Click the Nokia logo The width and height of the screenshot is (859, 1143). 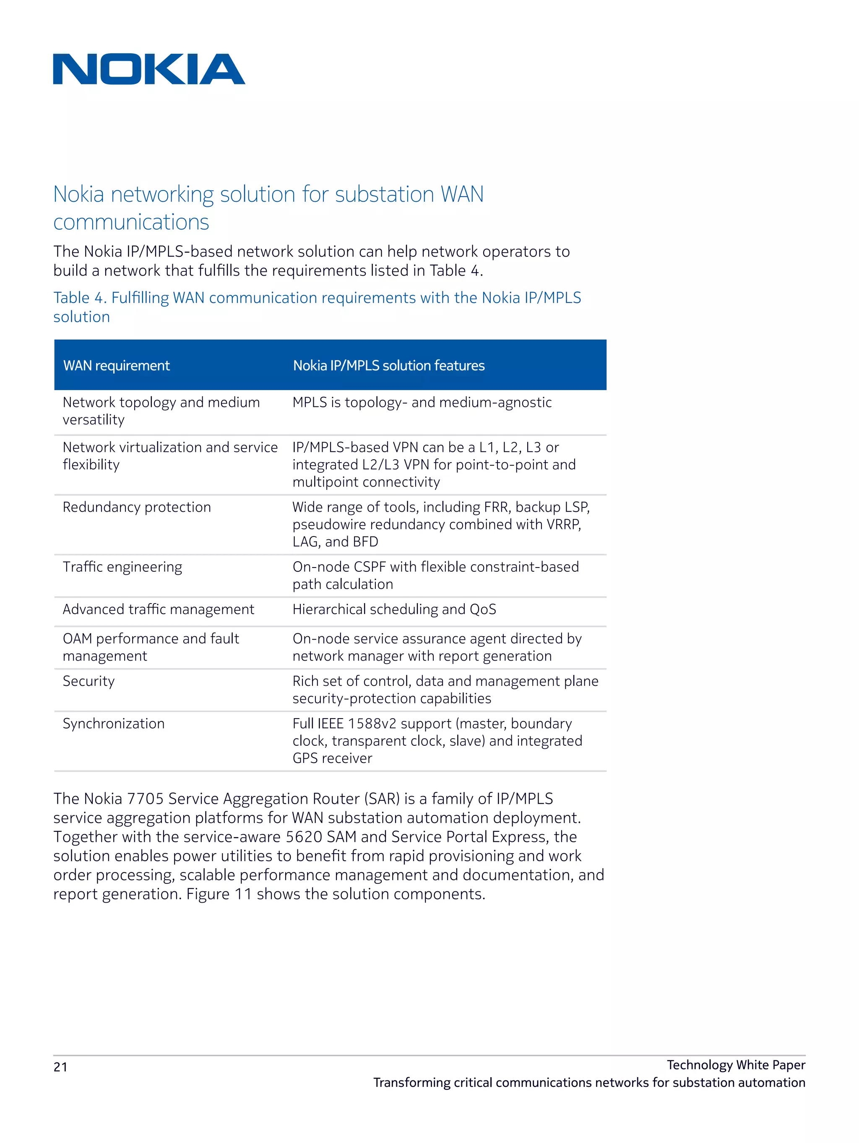click(149, 69)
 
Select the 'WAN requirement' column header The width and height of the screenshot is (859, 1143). click(116, 366)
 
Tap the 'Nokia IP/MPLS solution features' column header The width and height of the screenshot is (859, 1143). click(389, 366)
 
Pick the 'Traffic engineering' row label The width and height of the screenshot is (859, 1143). click(122, 568)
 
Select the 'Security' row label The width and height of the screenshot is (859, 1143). click(89, 682)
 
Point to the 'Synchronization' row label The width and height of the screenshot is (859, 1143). click(114, 724)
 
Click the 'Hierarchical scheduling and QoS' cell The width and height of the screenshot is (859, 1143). click(394, 610)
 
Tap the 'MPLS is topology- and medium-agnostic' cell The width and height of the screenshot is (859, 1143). click(422, 403)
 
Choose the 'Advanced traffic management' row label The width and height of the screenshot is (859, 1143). click(158, 610)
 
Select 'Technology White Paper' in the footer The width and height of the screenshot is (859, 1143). click(735, 1065)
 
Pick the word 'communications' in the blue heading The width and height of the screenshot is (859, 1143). click(131, 222)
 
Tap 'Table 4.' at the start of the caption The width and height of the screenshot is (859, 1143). click(80, 298)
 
